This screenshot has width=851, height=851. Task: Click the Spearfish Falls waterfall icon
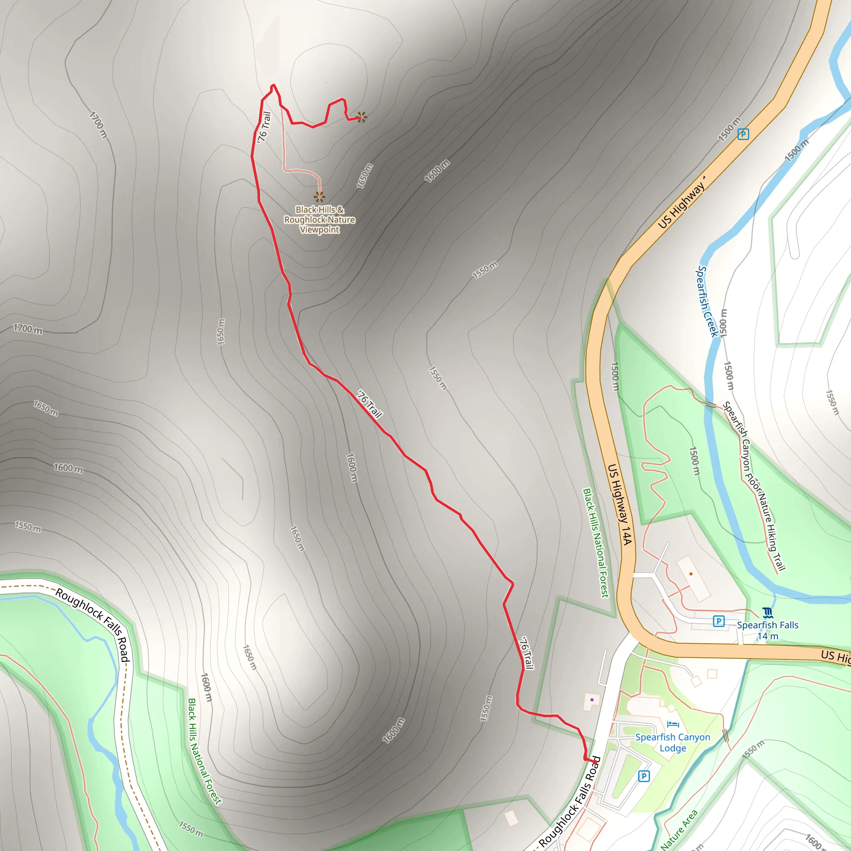pyautogui.click(x=767, y=613)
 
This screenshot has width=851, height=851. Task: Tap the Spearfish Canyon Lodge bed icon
pyautogui.click(x=673, y=724)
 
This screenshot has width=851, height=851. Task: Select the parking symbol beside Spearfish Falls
pyautogui.click(x=718, y=622)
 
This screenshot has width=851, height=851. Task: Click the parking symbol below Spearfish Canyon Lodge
pyautogui.click(x=644, y=776)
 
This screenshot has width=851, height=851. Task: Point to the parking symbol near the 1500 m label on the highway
pyautogui.click(x=743, y=134)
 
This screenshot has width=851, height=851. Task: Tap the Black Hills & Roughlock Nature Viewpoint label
pyautogui.click(x=320, y=219)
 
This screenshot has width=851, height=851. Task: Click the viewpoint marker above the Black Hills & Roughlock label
pyautogui.click(x=320, y=197)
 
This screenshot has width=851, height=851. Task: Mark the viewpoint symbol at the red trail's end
pyautogui.click(x=362, y=117)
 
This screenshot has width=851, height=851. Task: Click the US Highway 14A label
pyautogui.click(x=620, y=504)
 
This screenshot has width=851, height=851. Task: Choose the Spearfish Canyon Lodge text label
pyautogui.click(x=673, y=742)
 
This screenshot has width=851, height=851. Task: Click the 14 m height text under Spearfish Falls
pyautogui.click(x=768, y=636)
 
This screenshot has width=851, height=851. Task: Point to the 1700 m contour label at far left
pyautogui.click(x=27, y=329)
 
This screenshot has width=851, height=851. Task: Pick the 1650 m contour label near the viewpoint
pyautogui.click(x=365, y=176)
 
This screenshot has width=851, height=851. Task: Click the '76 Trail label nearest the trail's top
pyautogui.click(x=264, y=127)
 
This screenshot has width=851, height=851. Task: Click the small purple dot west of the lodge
pyautogui.click(x=592, y=699)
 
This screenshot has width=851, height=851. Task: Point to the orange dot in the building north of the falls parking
pyautogui.click(x=691, y=574)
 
